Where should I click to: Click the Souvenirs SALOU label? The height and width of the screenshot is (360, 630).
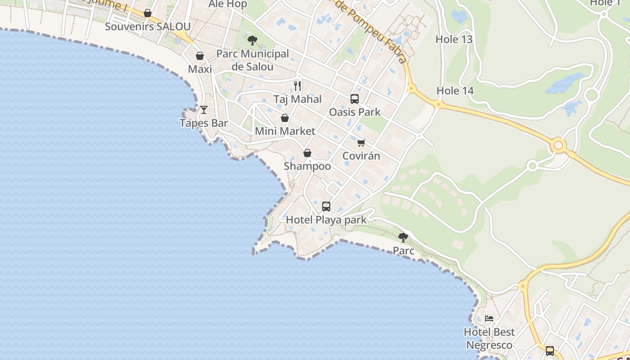click(x=148, y=27)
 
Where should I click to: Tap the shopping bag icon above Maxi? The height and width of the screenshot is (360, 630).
click(x=200, y=56)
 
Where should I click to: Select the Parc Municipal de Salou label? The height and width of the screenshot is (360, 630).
click(x=252, y=60)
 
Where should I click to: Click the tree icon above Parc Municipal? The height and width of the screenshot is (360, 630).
click(x=252, y=40)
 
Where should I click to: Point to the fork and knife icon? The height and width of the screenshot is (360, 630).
click(x=297, y=85)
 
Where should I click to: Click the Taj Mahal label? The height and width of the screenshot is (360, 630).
click(x=297, y=99)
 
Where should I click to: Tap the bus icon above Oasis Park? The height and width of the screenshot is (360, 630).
click(x=355, y=99)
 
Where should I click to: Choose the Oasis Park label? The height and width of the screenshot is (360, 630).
click(x=355, y=112)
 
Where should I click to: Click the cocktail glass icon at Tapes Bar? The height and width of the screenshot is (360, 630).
click(x=204, y=109)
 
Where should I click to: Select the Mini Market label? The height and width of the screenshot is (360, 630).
click(x=285, y=131)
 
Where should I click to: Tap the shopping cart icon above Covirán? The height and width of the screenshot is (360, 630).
click(x=361, y=143)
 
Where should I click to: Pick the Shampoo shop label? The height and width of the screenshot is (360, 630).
click(x=307, y=166)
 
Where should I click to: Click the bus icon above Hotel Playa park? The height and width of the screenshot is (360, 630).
click(x=326, y=207)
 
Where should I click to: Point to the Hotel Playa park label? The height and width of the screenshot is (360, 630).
click(x=326, y=220)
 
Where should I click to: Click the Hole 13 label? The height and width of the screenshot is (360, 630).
click(x=454, y=39)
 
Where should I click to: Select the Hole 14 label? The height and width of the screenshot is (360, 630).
click(x=455, y=91)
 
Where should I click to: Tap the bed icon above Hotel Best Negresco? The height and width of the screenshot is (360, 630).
click(x=489, y=319)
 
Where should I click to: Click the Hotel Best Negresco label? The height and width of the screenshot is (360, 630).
click(x=489, y=338)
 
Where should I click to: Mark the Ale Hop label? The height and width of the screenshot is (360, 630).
click(x=228, y=4)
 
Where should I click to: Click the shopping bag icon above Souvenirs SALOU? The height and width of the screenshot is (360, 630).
click(x=148, y=13)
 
